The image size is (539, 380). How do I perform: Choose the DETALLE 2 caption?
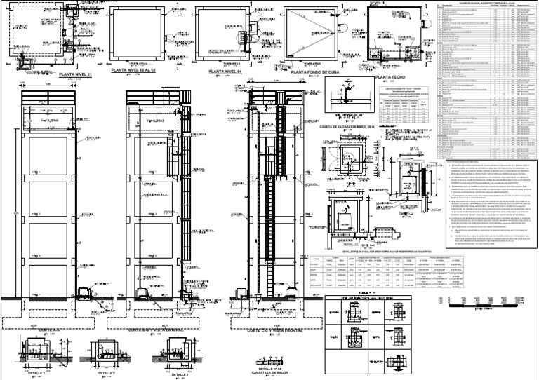click(107, 374)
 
